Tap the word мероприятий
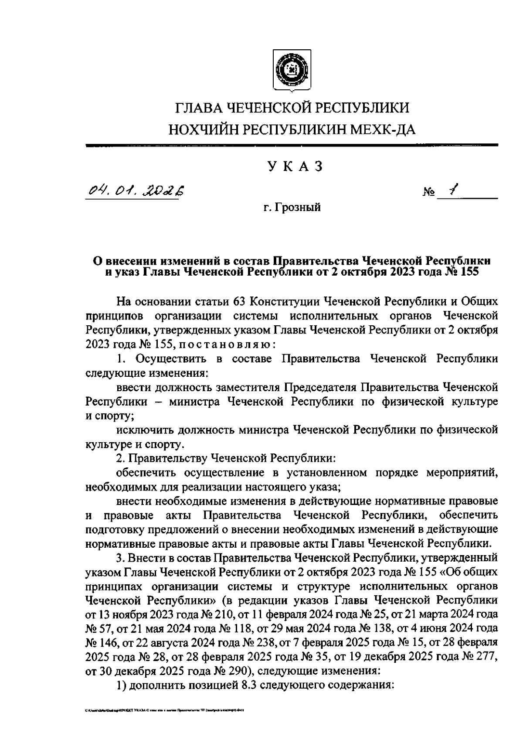point(463,473)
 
